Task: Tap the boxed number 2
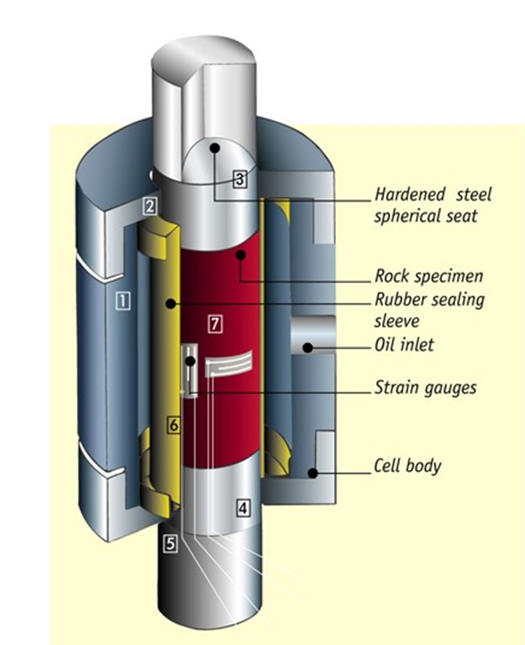click(x=150, y=206)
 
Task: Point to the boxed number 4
click(x=243, y=508)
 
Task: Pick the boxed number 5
click(x=170, y=543)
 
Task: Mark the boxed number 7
click(x=215, y=324)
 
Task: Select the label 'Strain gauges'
click(x=425, y=387)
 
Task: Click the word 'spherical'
click(x=407, y=216)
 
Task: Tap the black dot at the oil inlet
click(x=307, y=347)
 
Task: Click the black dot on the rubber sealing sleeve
click(x=169, y=303)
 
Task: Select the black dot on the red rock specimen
click(x=242, y=254)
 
